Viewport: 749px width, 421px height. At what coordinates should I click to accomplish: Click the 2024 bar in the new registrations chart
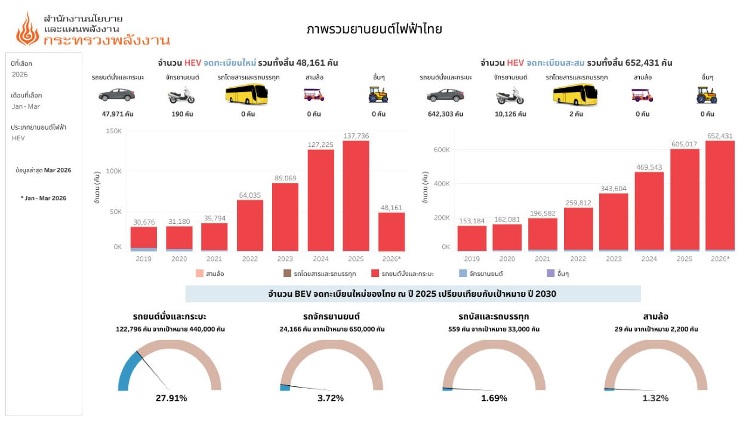pyautogui.click(x=320, y=200)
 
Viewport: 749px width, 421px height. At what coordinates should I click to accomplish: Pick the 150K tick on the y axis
pyautogui.click(x=113, y=131)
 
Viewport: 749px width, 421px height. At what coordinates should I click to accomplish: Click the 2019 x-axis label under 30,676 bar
pyautogui.click(x=144, y=259)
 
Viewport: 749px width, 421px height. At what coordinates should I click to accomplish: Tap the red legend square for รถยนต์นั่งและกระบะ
pyautogui.click(x=375, y=274)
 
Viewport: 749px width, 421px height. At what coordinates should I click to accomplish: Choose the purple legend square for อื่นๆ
pyautogui.click(x=551, y=274)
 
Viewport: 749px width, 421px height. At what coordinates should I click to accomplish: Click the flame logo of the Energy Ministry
pyautogui.click(x=27, y=29)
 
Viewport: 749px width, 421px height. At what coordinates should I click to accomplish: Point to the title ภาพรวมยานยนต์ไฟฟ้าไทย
pyautogui.click(x=374, y=29)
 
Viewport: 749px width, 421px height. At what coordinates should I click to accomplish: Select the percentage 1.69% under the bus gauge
pyautogui.click(x=494, y=398)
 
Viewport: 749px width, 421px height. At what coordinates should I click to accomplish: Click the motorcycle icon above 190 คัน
pyautogui.click(x=181, y=96)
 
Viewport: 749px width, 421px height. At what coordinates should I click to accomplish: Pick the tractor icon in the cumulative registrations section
pyautogui.click(x=707, y=94)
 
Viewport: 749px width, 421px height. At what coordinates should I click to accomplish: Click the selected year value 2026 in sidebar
pyautogui.click(x=20, y=75)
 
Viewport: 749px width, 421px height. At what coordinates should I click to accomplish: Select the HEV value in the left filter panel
pyautogui.click(x=19, y=138)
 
